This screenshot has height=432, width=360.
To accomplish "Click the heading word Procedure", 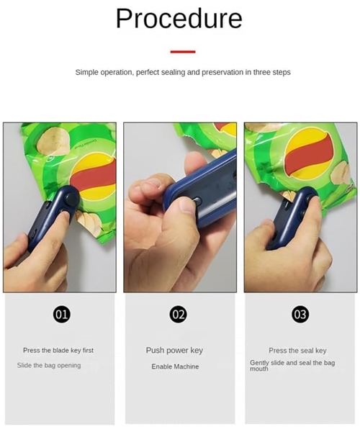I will click(x=179, y=19).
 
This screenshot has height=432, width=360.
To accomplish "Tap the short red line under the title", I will click(x=183, y=52).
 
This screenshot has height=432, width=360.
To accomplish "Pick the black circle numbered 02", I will click(x=178, y=314).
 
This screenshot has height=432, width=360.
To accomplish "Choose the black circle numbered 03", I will click(x=300, y=314).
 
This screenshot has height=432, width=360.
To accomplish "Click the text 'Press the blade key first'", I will click(x=58, y=351).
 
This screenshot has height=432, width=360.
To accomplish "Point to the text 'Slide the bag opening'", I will click(x=49, y=366).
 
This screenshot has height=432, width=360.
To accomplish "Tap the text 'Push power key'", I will click(x=174, y=351).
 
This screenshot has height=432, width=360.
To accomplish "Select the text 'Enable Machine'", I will click(x=174, y=366).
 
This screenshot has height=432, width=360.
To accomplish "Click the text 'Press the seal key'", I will click(x=297, y=351).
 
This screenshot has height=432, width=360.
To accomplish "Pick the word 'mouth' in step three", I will click(x=259, y=369).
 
